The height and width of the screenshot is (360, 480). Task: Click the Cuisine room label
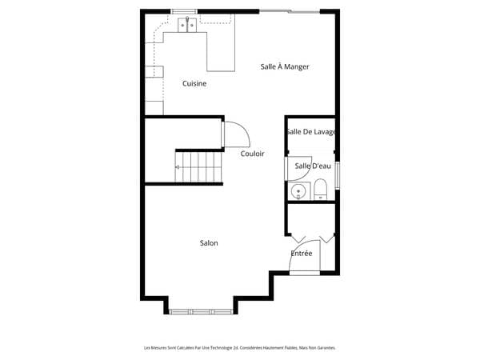click(194, 83)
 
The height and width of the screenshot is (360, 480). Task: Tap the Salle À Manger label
click(285, 66)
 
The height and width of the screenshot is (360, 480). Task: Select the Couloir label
click(252, 154)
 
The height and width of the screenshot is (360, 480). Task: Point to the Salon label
click(209, 243)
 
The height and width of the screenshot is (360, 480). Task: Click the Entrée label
click(302, 253)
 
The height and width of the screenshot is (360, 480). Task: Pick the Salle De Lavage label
click(311, 132)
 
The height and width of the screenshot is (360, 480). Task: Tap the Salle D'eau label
click(313, 166)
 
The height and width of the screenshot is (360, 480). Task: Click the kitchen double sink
click(187, 25)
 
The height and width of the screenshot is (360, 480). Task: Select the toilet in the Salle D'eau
click(321, 190)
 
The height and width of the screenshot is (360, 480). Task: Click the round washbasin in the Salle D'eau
click(298, 192)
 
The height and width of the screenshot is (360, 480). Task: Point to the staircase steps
click(198, 167)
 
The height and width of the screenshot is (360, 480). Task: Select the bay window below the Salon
click(201, 312)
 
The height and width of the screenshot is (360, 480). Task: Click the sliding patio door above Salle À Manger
click(290, 12)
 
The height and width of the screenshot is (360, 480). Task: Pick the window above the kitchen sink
click(184, 12)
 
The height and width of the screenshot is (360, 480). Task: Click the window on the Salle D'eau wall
click(338, 175)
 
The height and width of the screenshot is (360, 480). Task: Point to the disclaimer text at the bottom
click(240, 348)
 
